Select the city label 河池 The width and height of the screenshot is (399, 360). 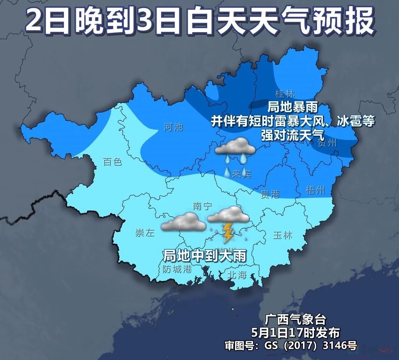coord(173,127)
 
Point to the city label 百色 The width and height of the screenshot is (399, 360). coord(113,162)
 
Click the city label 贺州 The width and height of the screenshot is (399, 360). coord(327,143)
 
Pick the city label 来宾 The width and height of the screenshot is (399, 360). coord(242,174)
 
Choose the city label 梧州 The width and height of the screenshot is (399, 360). coord(316,190)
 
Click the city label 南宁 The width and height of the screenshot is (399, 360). coord(203,206)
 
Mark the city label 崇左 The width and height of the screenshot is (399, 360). coord(145,233)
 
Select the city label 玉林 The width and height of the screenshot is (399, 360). coord(283,235)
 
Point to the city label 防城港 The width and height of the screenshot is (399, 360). coord(177,269)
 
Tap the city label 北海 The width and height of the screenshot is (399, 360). coord(237,275)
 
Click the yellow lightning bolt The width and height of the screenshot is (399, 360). coord(228,232)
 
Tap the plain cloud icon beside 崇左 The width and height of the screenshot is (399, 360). coord(184,222)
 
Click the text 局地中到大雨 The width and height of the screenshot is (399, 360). coord(204,255)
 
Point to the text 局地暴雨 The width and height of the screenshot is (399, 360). coord(293,106)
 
